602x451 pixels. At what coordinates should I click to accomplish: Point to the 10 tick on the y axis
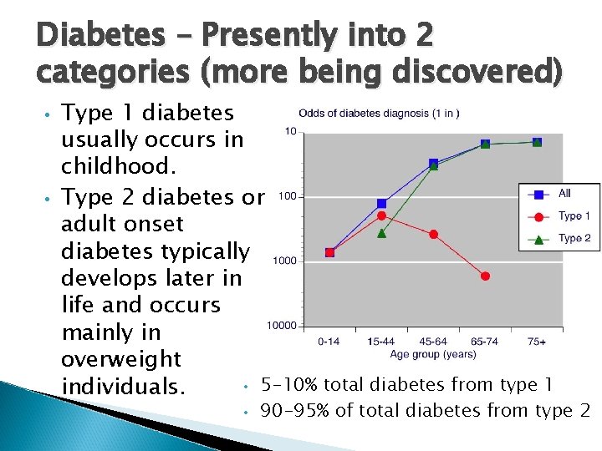[290, 132]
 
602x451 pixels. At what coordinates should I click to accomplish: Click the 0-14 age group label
[329, 342]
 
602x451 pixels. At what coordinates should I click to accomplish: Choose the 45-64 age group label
[433, 342]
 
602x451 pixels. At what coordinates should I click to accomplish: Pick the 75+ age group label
[537, 342]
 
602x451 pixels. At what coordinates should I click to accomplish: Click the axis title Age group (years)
[433, 354]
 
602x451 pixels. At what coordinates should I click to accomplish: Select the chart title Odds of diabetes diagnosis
[378, 114]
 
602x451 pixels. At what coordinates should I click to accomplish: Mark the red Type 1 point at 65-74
[485, 276]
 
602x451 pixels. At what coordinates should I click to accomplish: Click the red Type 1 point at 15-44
[381, 215]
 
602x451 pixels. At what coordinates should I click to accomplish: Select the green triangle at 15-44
[381, 233]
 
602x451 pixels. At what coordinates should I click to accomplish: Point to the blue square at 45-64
[433, 163]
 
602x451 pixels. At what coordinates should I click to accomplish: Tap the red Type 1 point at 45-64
[433, 235]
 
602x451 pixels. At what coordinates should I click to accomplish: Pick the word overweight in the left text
[121, 359]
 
